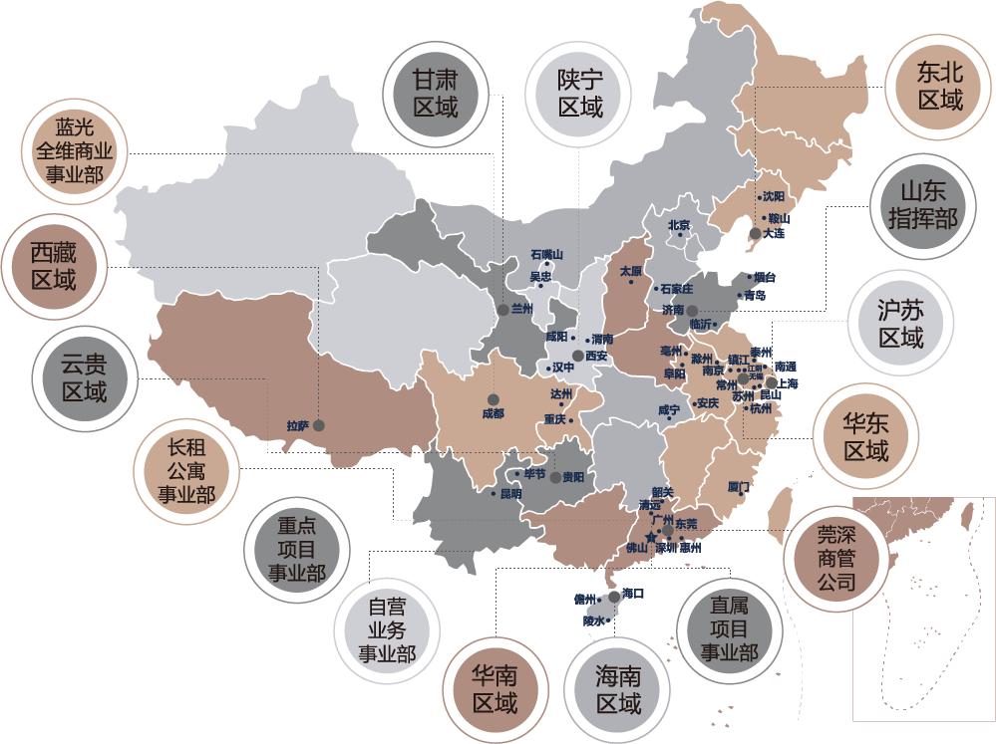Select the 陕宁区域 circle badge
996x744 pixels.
(x=580, y=92)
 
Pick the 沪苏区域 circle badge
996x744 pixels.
(x=900, y=324)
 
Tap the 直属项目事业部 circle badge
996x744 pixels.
(x=729, y=627)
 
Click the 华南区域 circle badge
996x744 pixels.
(x=495, y=688)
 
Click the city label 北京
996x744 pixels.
(x=679, y=225)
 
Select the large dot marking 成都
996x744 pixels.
(x=493, y=399)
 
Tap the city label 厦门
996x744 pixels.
(x=739, y=486)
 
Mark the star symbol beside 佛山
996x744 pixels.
(x=650, y=537)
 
